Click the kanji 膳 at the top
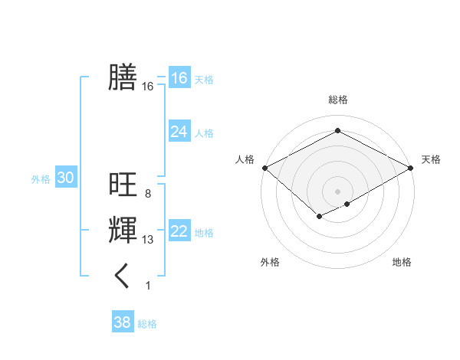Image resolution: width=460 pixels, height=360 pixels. (x=123, y=77)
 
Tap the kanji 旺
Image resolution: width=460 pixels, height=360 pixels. (x=123, y=185)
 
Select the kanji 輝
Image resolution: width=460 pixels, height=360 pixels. (x=123, y=230)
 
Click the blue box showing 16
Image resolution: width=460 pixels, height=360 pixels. (x=179, y=78)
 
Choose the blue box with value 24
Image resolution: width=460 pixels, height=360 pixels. (x=179, y=132)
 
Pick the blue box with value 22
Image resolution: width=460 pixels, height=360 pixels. (x=179, y=231)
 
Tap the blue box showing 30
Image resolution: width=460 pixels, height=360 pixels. (x=65, y=178)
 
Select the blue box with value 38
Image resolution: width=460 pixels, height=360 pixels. (x=122, y=322)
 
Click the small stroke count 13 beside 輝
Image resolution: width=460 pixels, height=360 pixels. (x=148, y=240)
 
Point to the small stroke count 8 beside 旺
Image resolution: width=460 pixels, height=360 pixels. (x=147, y=194)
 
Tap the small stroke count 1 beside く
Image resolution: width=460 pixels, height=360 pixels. (x=148, y=286)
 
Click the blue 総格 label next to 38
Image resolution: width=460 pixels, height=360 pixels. (x=147, y=324)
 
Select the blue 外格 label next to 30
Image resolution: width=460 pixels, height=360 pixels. (x=41, y=179)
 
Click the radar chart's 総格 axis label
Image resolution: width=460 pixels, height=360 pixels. (x=337, y=100)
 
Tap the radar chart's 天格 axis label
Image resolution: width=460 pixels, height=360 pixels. (x=431, y=159)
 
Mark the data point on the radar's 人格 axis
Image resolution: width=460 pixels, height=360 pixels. (x=264, y=168)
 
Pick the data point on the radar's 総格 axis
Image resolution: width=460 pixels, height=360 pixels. (x=337, y=131)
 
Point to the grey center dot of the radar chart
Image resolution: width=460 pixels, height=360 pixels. (x=337, y=191)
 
